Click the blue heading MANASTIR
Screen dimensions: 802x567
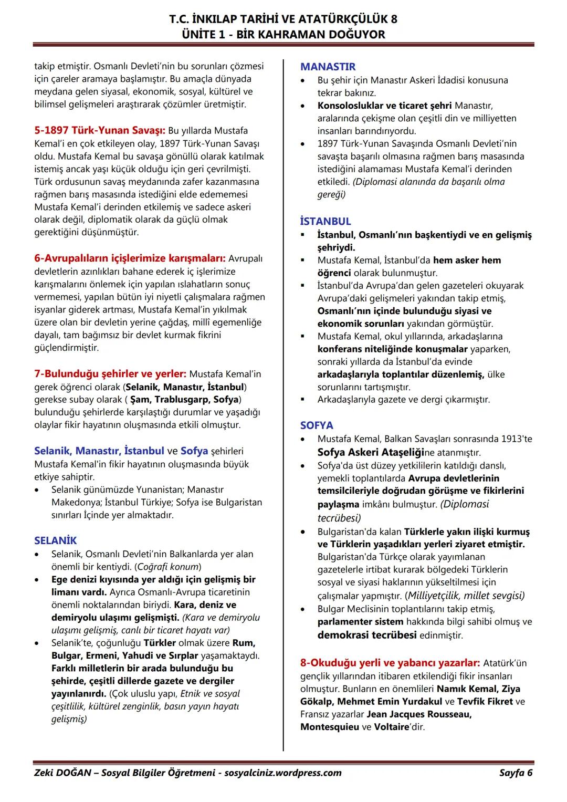pos(328,67)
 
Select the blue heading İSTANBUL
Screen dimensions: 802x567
pos(325,221)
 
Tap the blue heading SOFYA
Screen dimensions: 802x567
pos(317,425)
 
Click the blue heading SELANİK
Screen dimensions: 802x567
pos(56,540)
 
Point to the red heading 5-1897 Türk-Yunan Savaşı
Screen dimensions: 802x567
pos(100,130)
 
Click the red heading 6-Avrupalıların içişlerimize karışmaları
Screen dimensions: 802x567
pos(130,258)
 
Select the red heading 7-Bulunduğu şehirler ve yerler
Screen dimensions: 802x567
pos(110,374)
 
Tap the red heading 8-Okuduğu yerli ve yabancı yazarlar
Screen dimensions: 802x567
pos(390,663)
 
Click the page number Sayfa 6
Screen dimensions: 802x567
pos(516,773)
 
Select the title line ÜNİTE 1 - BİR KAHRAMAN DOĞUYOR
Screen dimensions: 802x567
pos(283,34)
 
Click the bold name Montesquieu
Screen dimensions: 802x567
pos(330,727)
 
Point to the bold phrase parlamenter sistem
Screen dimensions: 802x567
pos(360,621)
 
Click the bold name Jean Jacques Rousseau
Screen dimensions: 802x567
pos(418,714)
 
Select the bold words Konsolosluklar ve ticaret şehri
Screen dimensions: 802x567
pos(384,106)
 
